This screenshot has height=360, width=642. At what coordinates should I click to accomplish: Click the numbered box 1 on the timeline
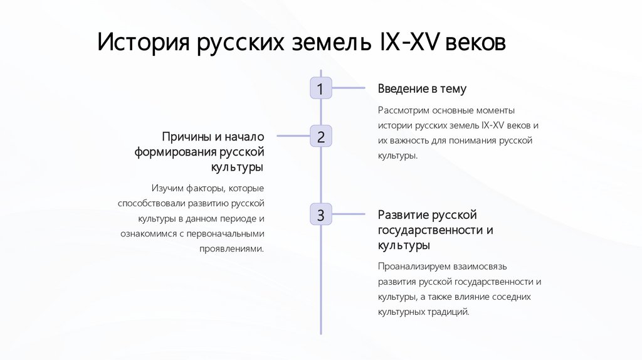pos(320,88)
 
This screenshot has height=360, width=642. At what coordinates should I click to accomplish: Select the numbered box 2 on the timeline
pos(320,136)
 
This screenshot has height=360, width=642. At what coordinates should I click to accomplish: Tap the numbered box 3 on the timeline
pos(320,214)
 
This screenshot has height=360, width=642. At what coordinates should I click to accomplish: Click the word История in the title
pos(143,44)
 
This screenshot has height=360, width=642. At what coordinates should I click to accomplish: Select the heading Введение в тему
pos(422,89)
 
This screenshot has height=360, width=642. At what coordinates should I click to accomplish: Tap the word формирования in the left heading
pos(175,152)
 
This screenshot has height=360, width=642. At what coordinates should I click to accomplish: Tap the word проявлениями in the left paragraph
pos(232,248)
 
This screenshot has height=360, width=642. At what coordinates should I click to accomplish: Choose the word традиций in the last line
pos(448,311)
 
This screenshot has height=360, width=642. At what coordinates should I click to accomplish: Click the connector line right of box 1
pos(348,88)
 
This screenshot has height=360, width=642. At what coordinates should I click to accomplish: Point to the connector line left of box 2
pos(293,136)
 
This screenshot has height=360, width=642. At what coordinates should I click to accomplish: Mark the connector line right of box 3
pos(348,214)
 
